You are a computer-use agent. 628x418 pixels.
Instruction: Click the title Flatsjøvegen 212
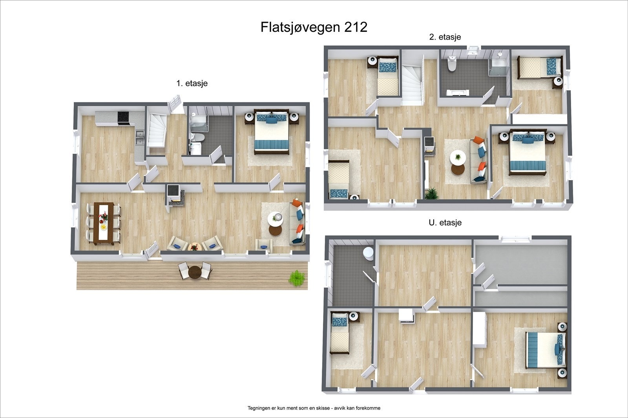coord(314,27)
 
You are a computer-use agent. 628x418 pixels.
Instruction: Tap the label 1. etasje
coord(192,83)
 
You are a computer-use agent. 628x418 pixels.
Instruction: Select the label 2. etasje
coord(445,37)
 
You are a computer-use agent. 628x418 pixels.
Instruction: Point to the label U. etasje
coord(445,222)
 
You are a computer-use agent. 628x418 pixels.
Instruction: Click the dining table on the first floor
coord(104,224)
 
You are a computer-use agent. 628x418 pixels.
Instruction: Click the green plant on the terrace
coord(297,278)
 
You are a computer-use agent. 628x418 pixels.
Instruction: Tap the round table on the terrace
coord(195,271)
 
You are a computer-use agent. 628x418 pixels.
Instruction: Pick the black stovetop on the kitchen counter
coord(124,118)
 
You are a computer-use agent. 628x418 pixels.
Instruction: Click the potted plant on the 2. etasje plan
coord(431,193)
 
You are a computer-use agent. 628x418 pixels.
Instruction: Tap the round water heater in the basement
coord(368,253)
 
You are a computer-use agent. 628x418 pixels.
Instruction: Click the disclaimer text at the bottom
coord(314,408)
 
